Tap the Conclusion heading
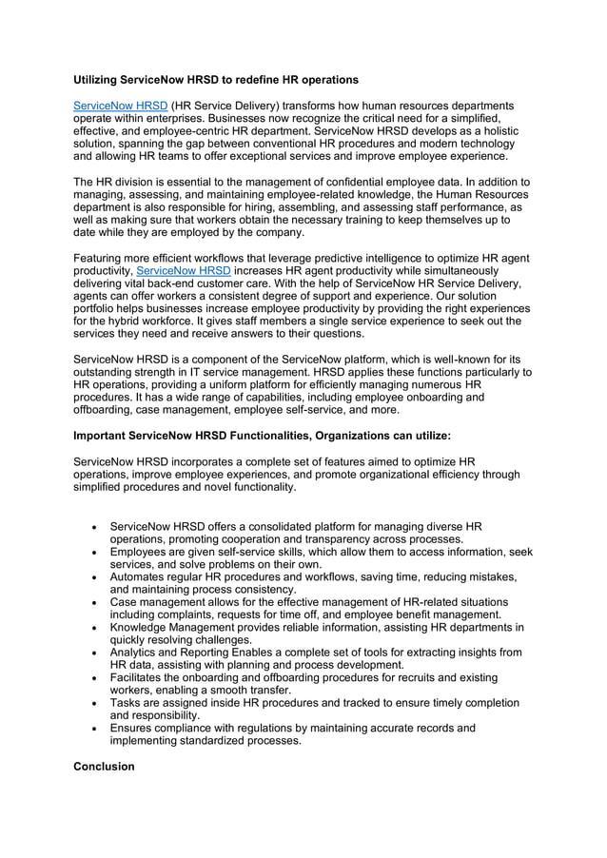(104, 766)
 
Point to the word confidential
(366, 182)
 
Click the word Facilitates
(139, 677)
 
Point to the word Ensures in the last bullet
(135, 728)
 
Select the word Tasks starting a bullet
(127, 703)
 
